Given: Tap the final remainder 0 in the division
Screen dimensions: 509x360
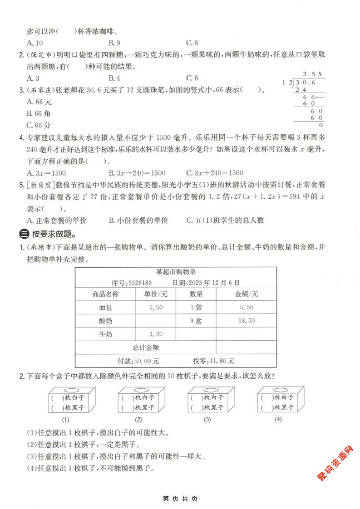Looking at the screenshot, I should [321, 125].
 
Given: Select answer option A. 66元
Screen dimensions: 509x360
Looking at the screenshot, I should [39, 102].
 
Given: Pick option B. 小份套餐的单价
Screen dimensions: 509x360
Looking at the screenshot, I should [138, 220].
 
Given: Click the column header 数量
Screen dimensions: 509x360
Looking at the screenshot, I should [196, 294].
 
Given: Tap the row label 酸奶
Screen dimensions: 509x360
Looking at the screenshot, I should [105, 321].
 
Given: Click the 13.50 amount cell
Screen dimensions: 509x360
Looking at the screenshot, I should [246, 321].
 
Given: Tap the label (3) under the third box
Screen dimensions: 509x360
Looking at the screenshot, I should [207, 419].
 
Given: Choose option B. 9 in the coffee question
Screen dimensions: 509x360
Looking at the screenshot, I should [114, 43].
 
